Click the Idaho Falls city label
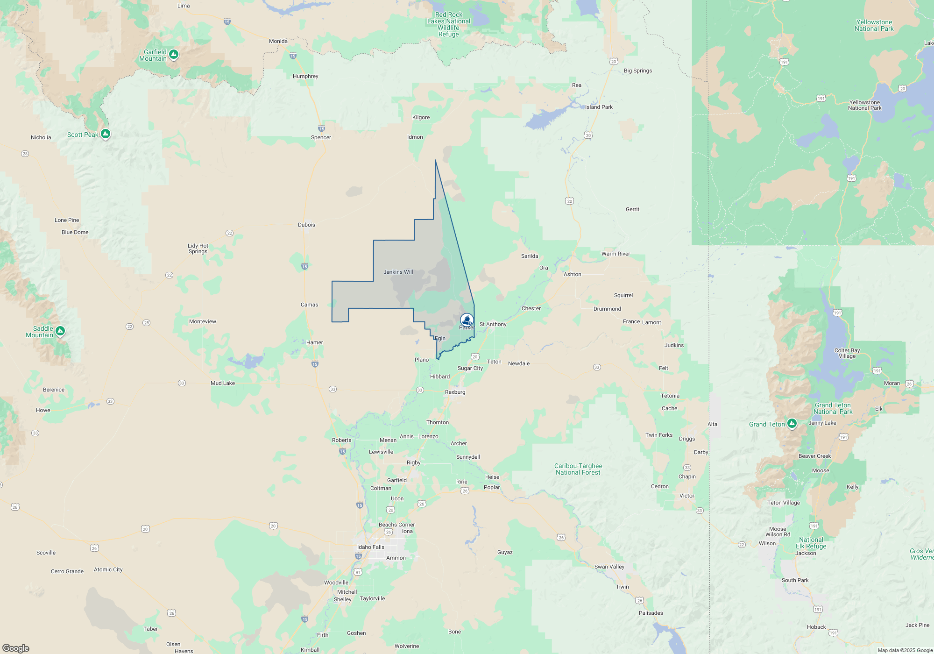[x=371, y=547]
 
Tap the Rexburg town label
[x=455, y=392]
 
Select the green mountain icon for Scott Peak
[x=106, y=134]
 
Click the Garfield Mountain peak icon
[x=174, y=55]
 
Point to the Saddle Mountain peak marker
[x=60, y=331]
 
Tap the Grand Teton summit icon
[x=792, y=424]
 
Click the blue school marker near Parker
[x=467, y=320]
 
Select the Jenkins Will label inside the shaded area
[x=398, y=272]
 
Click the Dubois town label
[x=306, y=225]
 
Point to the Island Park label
[x=599, y=107]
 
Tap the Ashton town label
[x=572, y=274]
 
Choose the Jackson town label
[x=806, y=553]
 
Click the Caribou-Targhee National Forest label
[x=578, y=469]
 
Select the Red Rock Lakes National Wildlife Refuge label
[x=449, y=24]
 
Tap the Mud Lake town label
[x=223, y=383]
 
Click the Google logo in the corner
[x=16, y=648]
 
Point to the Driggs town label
[x=687, y=439]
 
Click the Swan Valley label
[x=609, y=567]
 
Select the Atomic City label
[x=108, y=569]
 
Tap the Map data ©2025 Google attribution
[x=905, y=650]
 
